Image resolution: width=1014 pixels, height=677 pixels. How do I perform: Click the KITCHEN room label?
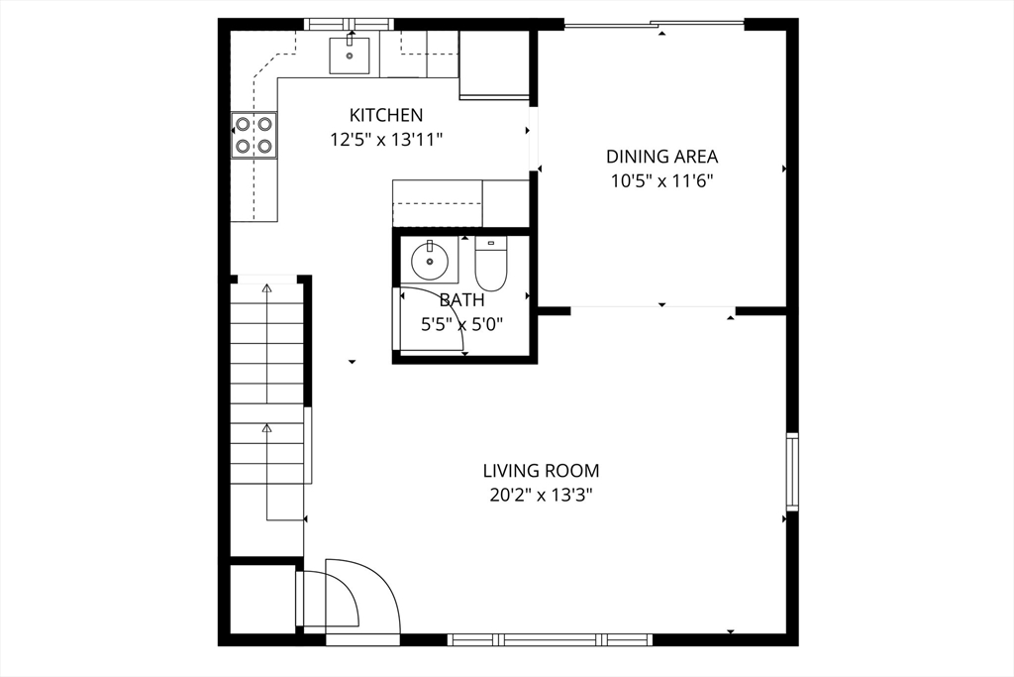386,115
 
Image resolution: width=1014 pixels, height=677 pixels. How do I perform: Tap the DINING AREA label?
661,157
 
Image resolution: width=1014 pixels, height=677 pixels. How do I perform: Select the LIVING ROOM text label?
542,471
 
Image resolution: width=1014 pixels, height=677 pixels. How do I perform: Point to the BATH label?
461,300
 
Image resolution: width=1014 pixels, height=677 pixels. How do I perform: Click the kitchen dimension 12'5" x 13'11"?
386,139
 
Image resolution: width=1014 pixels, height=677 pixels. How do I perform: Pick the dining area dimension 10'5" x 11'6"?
661,181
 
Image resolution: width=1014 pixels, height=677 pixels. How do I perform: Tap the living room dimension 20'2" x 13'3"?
542,496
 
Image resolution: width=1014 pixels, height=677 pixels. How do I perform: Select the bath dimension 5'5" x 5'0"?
461,324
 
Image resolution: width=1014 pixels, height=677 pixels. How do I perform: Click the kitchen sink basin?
350,56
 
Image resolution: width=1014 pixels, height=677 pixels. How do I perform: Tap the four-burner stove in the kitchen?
254,135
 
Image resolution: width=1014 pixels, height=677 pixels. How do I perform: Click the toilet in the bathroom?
491,264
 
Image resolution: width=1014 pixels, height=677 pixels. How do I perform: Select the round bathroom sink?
429,261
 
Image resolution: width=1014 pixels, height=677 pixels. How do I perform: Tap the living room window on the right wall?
792,472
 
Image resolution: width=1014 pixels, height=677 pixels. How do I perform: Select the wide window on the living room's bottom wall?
551,640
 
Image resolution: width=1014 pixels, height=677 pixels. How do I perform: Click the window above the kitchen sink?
350,25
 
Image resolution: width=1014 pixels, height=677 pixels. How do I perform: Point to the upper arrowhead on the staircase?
266,288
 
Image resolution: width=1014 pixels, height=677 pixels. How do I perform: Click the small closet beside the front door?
263,600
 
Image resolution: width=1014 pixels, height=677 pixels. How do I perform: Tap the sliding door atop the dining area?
655,25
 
